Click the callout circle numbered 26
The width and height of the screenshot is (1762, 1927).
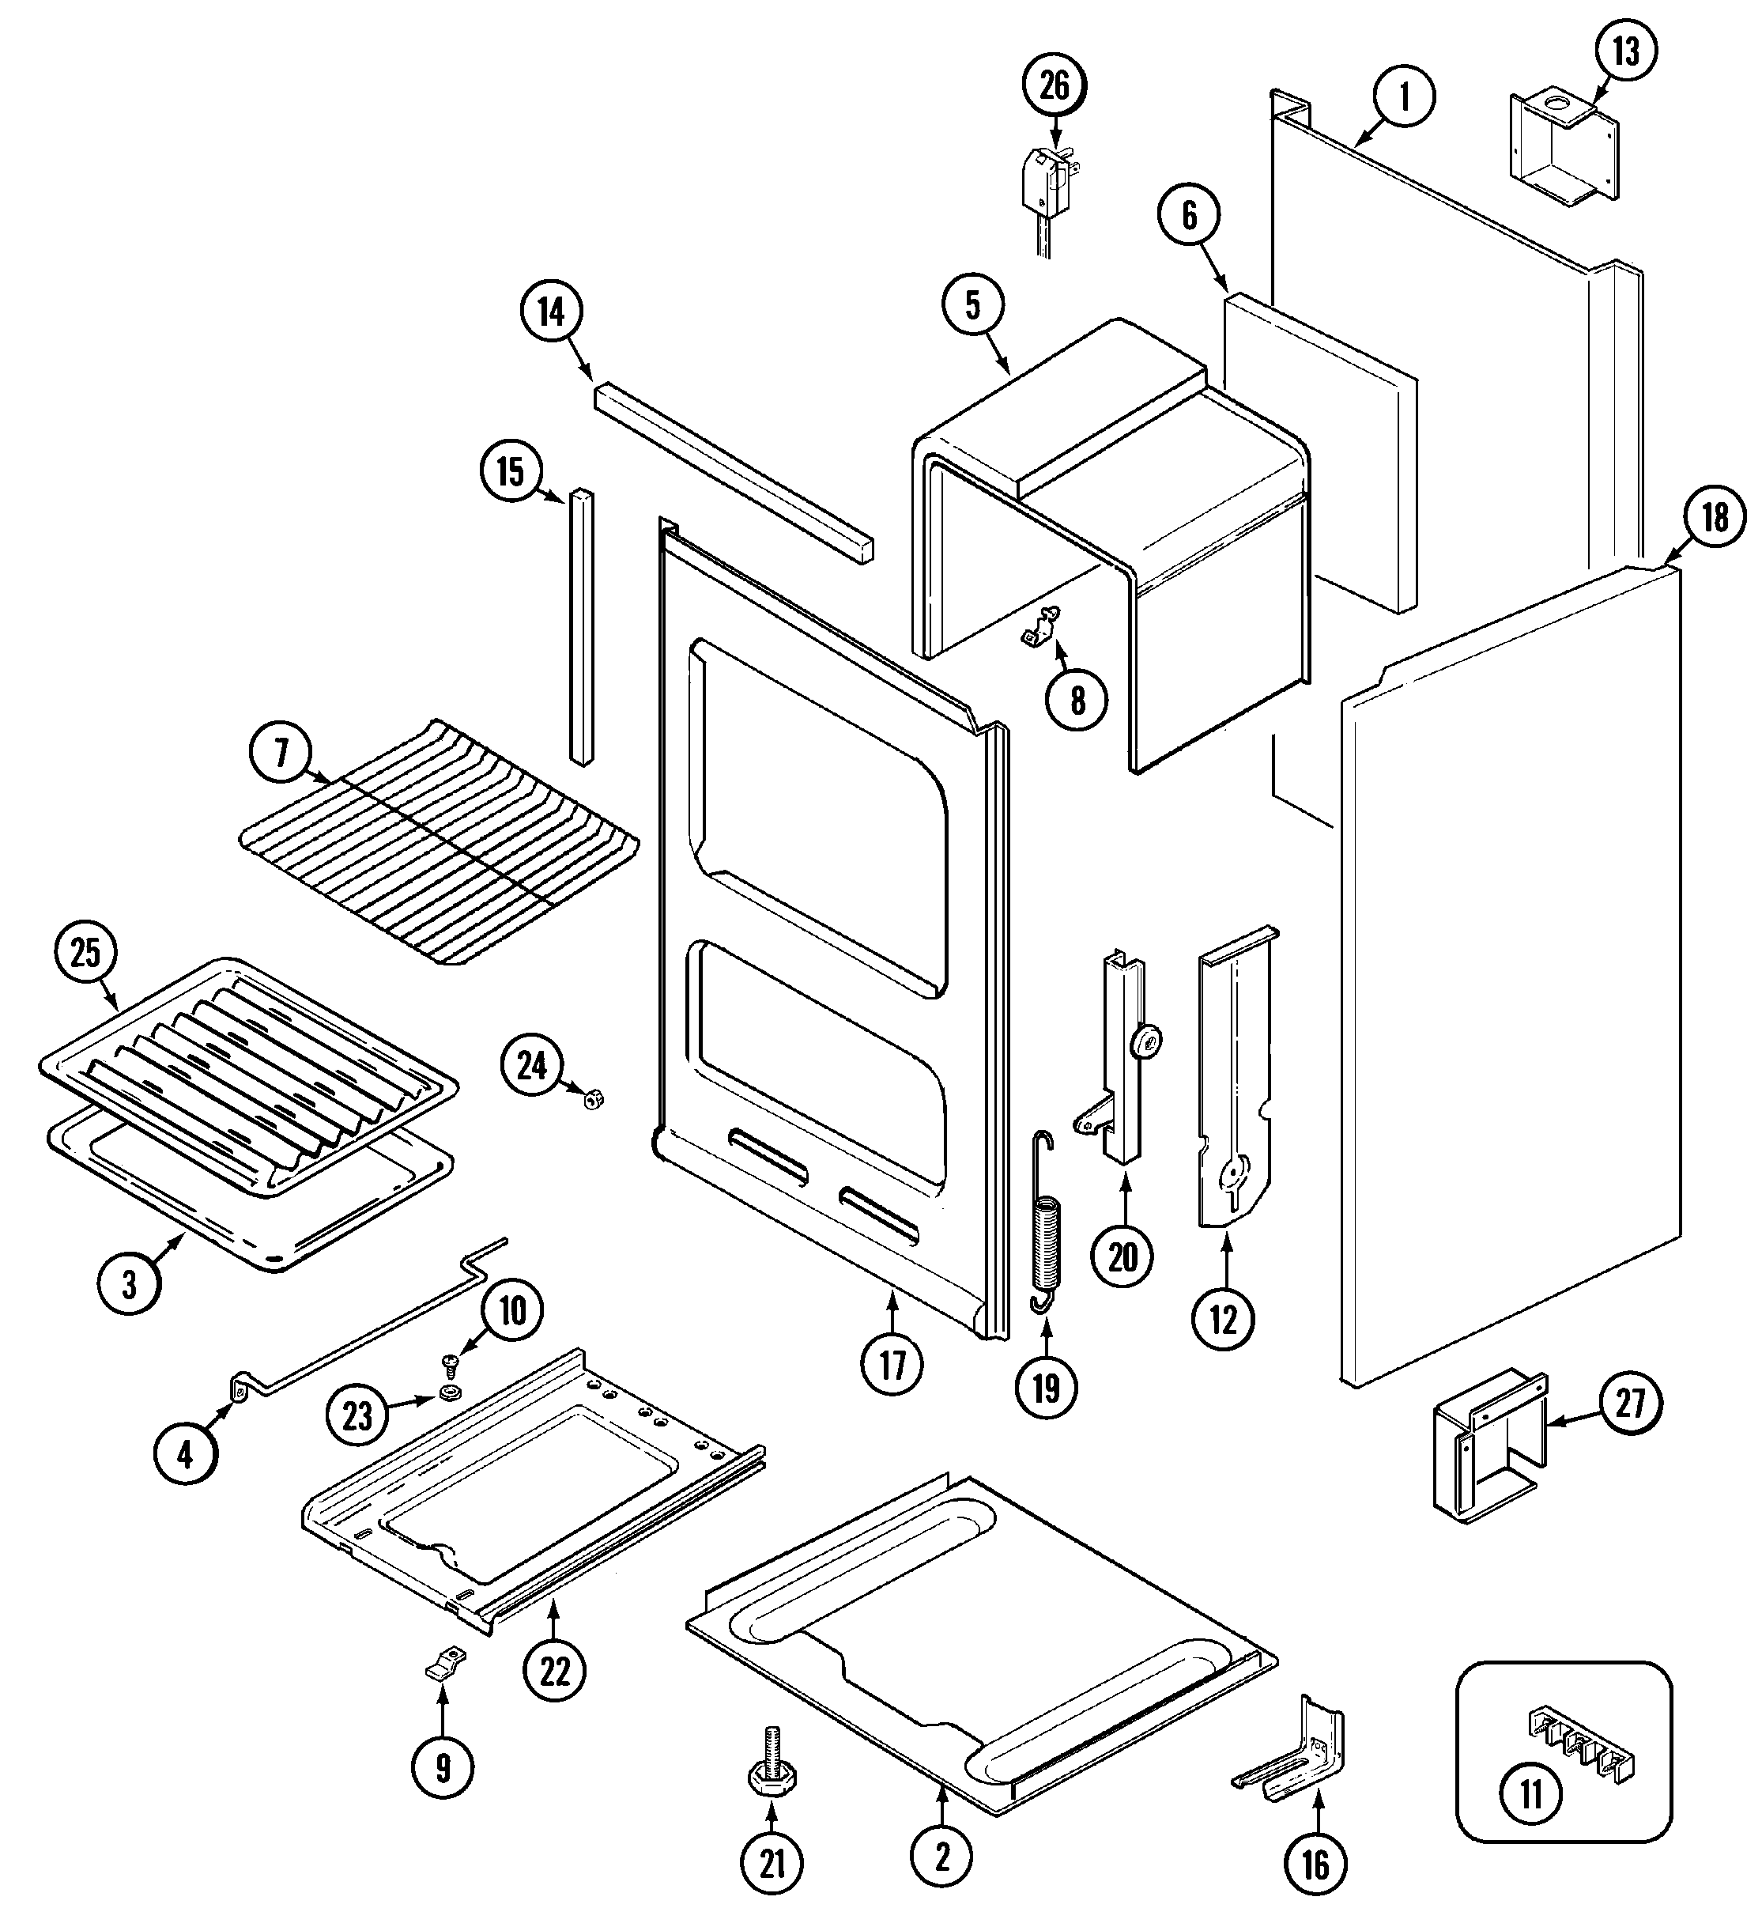tap(1054, 86)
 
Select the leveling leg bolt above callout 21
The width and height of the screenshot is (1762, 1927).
tap(773, 1767)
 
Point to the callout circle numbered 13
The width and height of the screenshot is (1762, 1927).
tap(1625, 51)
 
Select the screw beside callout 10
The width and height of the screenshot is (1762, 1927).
tap(448, 1360)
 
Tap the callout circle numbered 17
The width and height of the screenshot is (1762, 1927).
tap(892, 1365)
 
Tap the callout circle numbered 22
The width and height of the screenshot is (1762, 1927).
tap(554, 1671)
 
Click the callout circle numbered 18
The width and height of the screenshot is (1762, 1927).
tap(1715, 517)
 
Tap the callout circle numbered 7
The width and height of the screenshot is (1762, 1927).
tap(280, 754)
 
